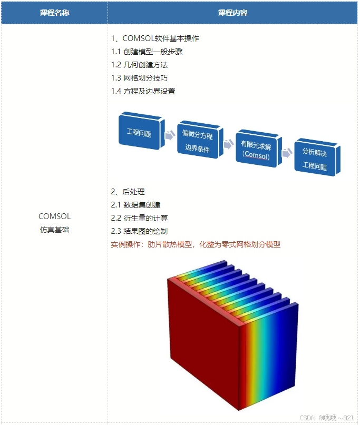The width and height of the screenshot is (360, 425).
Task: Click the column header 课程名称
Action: coord(54,13)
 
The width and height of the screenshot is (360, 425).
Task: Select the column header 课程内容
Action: coord(232,13)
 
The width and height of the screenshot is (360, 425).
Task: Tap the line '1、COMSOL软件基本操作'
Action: coord(155,38)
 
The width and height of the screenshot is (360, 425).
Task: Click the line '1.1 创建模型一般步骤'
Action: coord(147,52)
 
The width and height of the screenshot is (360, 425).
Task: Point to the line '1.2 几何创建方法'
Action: coord(140,65)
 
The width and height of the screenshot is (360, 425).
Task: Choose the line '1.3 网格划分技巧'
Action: coord(140,78)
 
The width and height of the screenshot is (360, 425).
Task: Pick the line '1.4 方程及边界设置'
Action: coord(143,91)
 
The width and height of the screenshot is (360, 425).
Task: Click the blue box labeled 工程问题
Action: coord(140,132)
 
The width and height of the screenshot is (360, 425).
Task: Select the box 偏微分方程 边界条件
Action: coord(197,141)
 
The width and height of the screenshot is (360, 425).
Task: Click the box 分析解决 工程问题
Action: coord(315,159)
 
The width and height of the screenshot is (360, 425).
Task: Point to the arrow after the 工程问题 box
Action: coord(170,135)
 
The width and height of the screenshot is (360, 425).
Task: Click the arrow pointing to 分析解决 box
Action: coord(287,153)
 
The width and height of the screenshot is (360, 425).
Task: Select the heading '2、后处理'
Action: coord(128,192)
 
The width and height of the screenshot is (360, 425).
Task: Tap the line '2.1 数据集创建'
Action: coord(136,205)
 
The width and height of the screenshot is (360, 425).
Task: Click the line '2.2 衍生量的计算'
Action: coord(140,218)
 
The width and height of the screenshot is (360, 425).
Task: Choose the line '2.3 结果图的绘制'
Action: coord(140,231)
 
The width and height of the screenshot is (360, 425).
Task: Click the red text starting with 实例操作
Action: coord(196,244)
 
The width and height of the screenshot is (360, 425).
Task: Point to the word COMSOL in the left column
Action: coord(54,216)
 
